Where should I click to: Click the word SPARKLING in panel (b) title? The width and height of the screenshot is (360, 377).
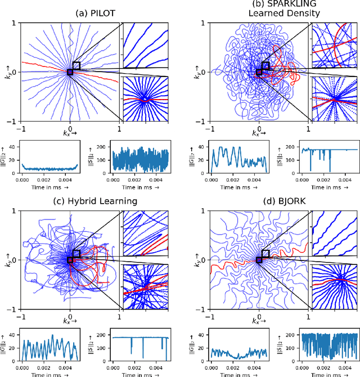point(259,5)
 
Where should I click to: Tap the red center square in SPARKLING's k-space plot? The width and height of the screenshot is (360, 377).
point(259,72)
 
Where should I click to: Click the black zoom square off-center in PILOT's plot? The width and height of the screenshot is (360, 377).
point(76,66)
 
